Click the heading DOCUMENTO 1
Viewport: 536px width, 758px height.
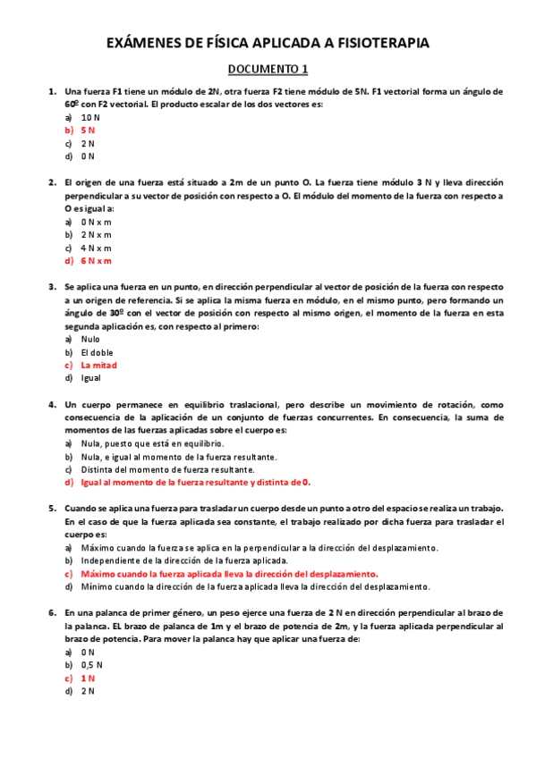pyautogui.click(x=268, y=68)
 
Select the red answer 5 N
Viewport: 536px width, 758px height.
pyautogui.click(x=88, y=130)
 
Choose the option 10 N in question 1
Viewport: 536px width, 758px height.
pyautogui.click(x=89, y=117)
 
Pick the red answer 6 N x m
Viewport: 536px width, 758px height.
pyautogui.click(x=96, y=260)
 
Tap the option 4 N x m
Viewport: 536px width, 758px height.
pyautogui.click(x=96, y=248)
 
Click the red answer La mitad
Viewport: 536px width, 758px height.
pyautogui.click(x=98, y=365)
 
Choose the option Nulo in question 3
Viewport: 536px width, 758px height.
pyautogui.click(x=90, y=340)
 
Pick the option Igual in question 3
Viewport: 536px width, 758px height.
pyautogui.click(x=90, y=377)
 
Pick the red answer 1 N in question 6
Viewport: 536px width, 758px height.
pyautogui.click(x=88, y=678)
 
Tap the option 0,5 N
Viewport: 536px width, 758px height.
pyautogui.click(x=91, y=665)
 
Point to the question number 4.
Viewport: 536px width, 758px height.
pyautogui.click(x=52, y=404)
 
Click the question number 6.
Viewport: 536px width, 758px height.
pyautogui.click(x=52, y=613)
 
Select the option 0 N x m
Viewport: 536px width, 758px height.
pyautogui.click(x=96, y=222)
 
